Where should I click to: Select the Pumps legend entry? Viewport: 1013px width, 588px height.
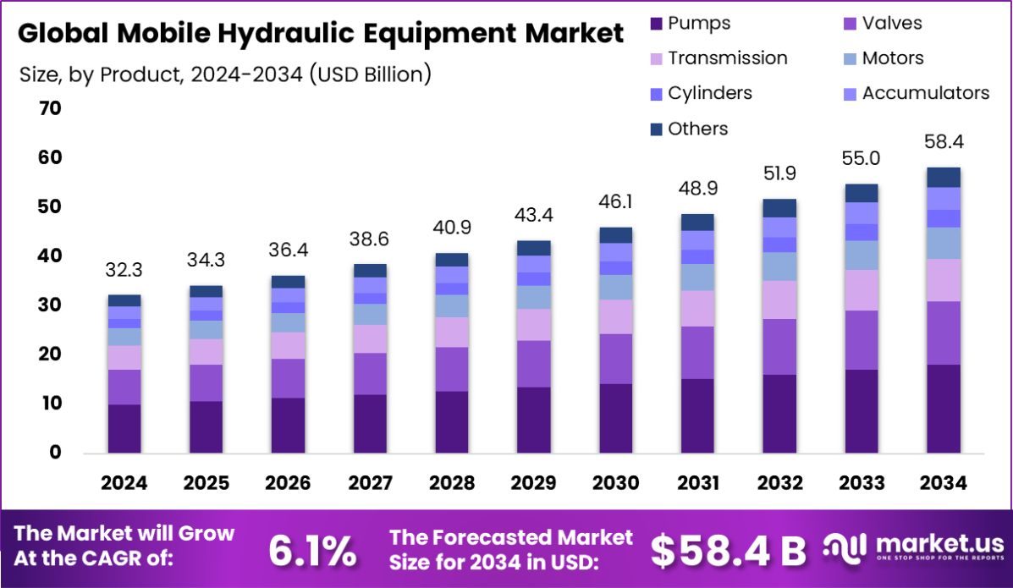[x=690, y=23]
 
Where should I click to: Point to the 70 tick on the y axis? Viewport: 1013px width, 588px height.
[x=49, y=108]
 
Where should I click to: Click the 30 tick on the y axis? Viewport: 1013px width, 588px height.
[x=49, y=305]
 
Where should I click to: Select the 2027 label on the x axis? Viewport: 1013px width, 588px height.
[x=370, y=483]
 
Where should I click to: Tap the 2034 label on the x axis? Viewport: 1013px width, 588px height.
[x=942, y=483]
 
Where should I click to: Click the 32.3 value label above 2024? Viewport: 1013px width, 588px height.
[x=124, y=270]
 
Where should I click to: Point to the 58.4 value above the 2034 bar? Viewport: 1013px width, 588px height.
[x=943, y=141]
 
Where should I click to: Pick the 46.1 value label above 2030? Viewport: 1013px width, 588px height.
[x=615, y=201]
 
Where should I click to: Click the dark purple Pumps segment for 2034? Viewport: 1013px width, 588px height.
[x=943, y=409]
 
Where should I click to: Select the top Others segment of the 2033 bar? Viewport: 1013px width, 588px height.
[x=861, y=193]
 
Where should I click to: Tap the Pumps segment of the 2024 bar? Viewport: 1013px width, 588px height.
[x=124, y=428]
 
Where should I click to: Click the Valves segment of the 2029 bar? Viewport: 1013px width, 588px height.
[x=533, y=364]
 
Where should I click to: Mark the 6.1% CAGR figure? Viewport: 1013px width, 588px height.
[x=311, y=551]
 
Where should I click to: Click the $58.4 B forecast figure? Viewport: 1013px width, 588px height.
[x=728, y=551]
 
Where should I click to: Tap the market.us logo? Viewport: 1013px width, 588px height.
[x=914, y=546]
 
